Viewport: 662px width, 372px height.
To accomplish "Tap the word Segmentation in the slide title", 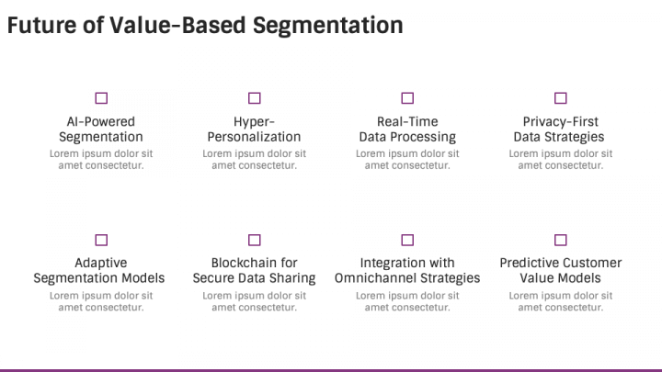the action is click(327, 26).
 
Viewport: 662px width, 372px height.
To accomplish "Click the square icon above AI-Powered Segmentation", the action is click(101, 98).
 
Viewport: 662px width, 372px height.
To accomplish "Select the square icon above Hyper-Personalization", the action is click(254, 98).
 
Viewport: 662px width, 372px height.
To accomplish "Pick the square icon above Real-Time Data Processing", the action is click(407, 98).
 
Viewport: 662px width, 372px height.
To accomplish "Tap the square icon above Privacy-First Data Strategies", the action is click(560, 98).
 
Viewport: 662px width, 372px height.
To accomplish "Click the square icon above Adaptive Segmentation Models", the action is click(101, 240).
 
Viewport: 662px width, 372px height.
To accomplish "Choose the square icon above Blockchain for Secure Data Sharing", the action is click(254, 240).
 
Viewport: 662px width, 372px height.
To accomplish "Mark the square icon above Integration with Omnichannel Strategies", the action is click(407, 240).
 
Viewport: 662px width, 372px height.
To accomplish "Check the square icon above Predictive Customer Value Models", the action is click(560, 240).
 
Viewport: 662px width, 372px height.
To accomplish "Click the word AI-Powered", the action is click(101, 121).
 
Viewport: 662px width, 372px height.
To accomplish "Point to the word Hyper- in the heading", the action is click(254, 122).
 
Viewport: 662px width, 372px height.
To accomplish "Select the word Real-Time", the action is click(407, 121).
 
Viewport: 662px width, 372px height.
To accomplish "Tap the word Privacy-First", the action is click(561, 122).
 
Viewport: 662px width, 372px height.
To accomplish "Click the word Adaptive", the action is click(101, 264).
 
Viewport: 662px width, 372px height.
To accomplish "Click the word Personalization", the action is click(254, 137).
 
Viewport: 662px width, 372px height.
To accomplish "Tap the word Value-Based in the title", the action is click(177, 25).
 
